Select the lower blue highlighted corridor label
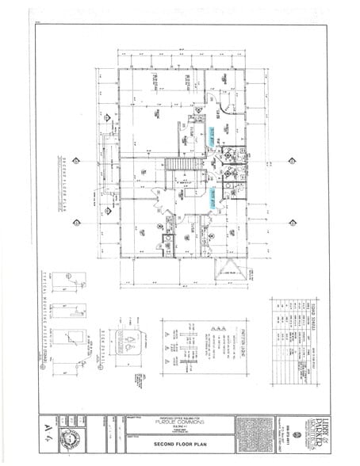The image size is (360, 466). pos(213,198)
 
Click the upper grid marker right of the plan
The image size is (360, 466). pos(292,161)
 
